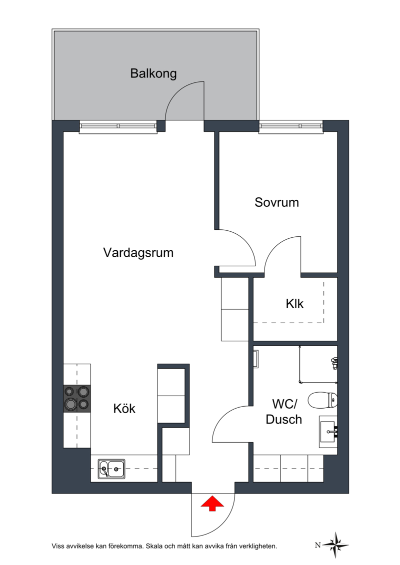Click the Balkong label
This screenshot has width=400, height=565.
click(153, 73)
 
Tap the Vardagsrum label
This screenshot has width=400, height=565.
click(138, 253)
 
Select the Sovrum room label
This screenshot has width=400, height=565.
click(276, 202)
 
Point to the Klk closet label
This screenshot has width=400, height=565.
click(294, 304)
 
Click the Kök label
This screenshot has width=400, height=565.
click(124, 408)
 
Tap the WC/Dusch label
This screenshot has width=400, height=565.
click(284, 412)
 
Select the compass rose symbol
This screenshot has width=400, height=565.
click(336, 545)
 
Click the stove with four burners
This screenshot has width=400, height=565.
click(77, 399)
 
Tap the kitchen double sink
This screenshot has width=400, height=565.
click(111, 469)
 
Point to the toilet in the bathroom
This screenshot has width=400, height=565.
click(323, 400)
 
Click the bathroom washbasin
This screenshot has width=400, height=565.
click(328, 431)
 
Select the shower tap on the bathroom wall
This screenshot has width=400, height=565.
click(334, 363)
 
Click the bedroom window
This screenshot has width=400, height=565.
click(290, 127)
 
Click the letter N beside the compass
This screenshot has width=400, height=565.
click(318, 545)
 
